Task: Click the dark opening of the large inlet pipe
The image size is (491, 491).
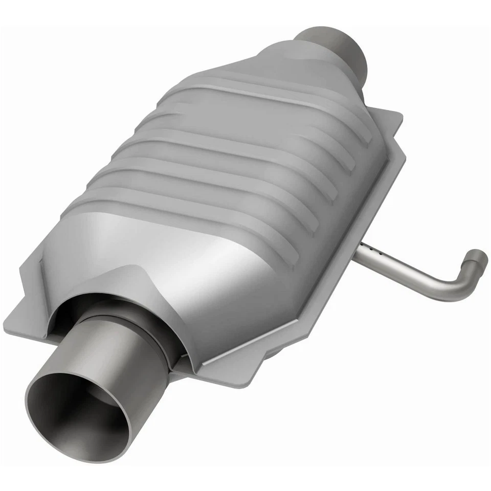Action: pos(77,414)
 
